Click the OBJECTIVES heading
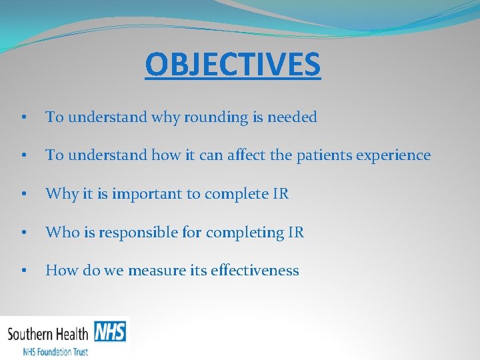[x=233, y=64]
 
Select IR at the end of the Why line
[x=281, y=194]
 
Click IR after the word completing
[x=296, y=233]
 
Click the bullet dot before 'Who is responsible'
[x=23, y=233]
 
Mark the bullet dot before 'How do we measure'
[x=23, y=271]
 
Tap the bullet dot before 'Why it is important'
[x=23, y=195]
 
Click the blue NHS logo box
[x=109, y=331]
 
